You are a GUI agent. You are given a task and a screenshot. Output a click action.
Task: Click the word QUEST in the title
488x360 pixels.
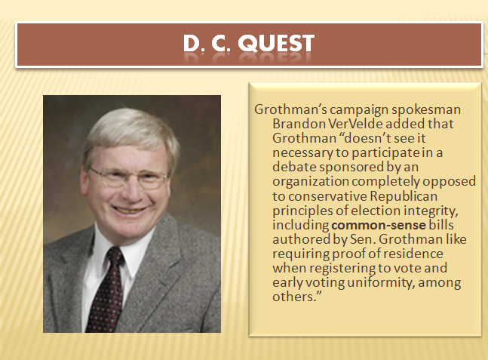coord(276,43)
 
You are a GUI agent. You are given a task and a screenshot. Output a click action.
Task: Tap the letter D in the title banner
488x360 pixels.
coord(191,43)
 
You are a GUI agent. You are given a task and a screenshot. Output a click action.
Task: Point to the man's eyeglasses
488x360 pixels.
coord(128,178)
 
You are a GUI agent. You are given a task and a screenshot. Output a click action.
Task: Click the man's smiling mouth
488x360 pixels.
coord(129,210)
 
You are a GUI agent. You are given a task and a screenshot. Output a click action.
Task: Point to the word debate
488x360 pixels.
coord(294,167)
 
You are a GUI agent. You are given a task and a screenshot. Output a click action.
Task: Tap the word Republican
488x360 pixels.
coord(404,196)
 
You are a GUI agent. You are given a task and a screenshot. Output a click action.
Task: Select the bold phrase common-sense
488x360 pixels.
coord(379,225)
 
